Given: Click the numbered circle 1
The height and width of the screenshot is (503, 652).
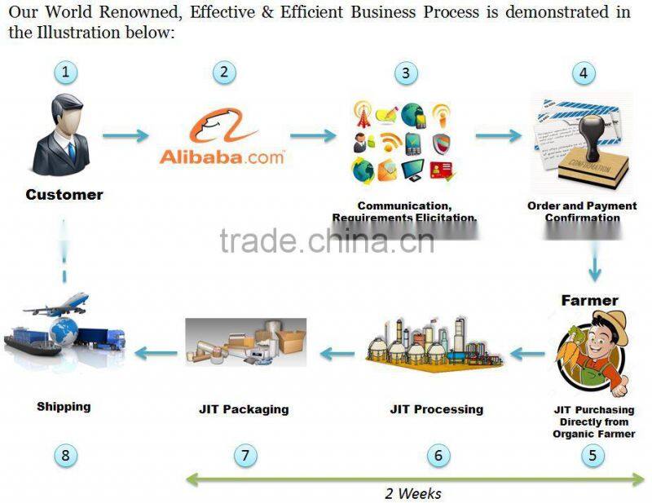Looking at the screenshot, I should (x=66, y=72).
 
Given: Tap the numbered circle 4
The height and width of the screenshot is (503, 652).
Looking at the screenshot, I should (x=583, y=72).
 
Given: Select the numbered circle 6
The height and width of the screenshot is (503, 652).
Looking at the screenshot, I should (x=438, y=455).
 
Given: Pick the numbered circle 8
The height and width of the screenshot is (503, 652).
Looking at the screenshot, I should (x=66, y=455).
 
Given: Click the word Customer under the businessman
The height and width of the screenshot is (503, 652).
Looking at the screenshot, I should (x=64, y=195).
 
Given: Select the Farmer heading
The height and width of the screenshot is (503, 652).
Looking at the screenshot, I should (x=589, y=300).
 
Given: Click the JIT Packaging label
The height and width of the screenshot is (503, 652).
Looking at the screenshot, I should (x=244, y=409).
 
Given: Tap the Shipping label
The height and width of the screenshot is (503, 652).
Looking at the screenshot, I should (x=64, y=406).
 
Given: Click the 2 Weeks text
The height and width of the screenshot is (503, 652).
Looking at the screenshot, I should (x=412, y=493).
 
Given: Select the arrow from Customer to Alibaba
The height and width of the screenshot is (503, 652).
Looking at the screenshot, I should (x=126, y=135).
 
